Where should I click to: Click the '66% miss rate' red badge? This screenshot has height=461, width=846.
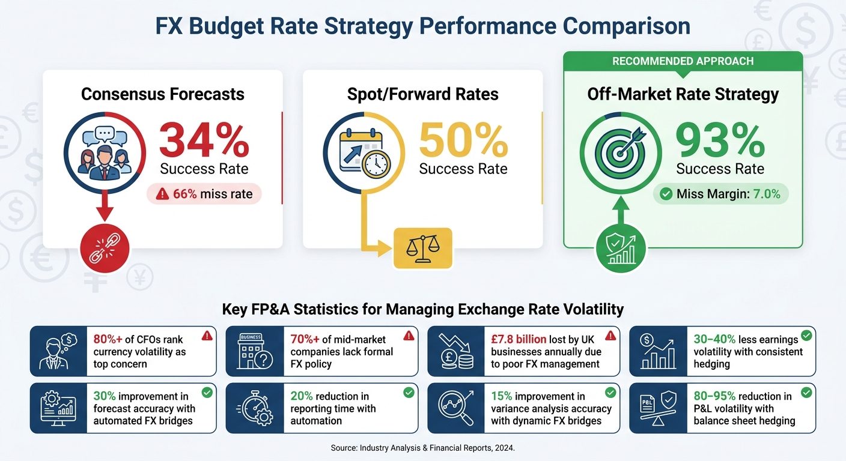204,194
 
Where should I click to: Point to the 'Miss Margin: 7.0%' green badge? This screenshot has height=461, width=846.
720,194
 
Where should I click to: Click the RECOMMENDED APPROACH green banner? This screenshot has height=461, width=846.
683,61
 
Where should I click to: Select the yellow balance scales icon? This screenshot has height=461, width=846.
422,247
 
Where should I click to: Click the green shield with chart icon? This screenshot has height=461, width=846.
621,249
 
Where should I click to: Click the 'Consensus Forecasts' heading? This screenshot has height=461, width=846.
163,94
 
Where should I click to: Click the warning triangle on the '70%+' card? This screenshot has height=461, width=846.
409,336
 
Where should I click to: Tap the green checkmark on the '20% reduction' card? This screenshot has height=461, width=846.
409,393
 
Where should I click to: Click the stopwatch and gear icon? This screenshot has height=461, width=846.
255,408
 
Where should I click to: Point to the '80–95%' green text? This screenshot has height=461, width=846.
714,396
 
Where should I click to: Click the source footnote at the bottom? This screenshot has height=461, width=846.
422,448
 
